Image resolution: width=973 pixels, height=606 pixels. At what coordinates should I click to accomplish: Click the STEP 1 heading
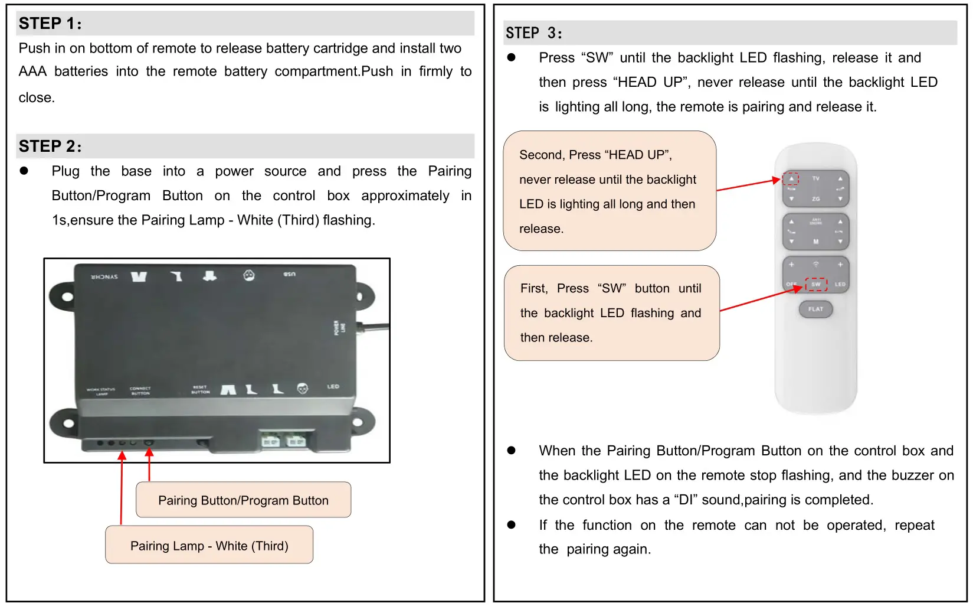click(x=50, y=24)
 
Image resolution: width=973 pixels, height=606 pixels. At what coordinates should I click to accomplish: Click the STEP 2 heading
click(x=50, y=146)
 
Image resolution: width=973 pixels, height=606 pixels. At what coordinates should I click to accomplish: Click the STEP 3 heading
click(x=533, y=33)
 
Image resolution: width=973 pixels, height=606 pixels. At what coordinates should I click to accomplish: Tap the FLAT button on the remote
click(x=815, y=309)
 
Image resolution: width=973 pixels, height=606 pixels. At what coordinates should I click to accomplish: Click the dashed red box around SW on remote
click(x=816, y=284)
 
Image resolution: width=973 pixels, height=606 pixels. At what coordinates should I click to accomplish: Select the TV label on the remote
click(x=815, y=178)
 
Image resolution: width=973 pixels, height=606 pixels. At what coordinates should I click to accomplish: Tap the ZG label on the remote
click(x=815, y=199)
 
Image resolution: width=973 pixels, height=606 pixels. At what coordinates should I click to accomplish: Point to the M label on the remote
click(x=815, y=242)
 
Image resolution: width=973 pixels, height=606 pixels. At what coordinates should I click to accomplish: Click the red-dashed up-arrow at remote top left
click(x=791, y=178)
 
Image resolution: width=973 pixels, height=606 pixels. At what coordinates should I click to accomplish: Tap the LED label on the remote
click(x=840, y=284)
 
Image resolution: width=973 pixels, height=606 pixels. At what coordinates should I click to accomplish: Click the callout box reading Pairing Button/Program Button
click(x=243, y=500)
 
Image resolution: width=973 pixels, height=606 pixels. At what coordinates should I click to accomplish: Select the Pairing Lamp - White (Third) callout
click(x=209, y=545)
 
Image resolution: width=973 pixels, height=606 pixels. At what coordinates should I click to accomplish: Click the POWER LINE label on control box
click(x=340, y=328)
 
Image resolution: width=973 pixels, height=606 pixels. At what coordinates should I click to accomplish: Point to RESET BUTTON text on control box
click(x=200, y=390)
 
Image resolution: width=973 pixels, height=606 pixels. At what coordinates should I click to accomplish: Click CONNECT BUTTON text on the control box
click(x=140, y=390)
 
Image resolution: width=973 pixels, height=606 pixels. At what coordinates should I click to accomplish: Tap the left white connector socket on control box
click(x=270, y=441)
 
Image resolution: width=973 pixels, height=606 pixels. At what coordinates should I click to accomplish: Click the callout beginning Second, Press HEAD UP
click(x=609, y=191)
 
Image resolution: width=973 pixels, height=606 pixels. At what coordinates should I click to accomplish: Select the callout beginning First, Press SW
click(x=611, y=313)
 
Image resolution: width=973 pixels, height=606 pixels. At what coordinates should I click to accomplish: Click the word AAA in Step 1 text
click(x=32, y=71)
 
